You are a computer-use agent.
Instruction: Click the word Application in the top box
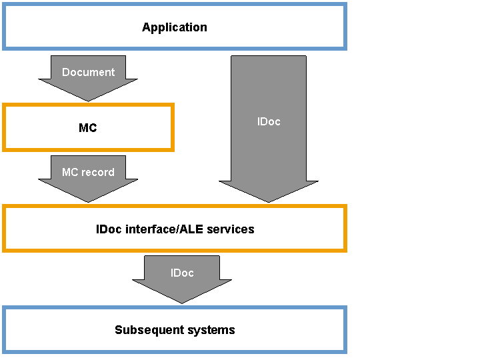point(175,27)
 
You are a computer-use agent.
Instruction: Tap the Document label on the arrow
point(88,72)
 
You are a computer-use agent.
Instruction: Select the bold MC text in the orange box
point(88,127)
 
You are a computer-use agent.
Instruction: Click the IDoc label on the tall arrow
point(269,121)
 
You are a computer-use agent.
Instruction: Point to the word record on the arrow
point(97,173)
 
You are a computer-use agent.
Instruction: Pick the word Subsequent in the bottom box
point(150,330)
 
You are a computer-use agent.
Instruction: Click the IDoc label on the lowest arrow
point(182,273)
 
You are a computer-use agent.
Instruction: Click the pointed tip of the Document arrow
point(88,101)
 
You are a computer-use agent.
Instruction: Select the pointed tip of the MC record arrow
point(88,202)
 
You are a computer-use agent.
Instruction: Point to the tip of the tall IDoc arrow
point(269,202)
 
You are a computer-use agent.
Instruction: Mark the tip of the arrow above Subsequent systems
point(182,303)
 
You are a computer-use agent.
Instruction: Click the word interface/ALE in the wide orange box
point(164,229)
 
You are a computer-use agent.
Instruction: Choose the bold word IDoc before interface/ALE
point(109,229)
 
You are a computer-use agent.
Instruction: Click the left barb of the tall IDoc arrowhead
point(220,181)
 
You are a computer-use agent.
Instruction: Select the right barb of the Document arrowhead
point(137,79)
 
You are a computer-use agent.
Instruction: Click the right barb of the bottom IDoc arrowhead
point(231,280)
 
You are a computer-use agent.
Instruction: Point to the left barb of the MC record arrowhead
point(39,179)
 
